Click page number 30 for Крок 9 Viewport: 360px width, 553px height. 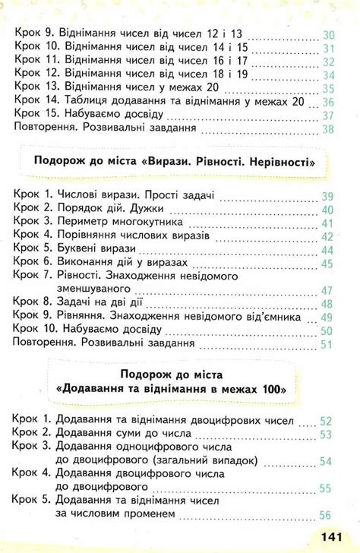coord(329,35)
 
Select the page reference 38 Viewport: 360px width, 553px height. coord(328,129)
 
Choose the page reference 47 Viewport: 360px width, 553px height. coord(328,290)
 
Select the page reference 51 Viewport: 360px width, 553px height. coord(328,345)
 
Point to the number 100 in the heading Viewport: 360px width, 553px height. coord(268,388)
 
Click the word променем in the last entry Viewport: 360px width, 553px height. coord(147,514)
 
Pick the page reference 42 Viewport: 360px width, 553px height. coord(328,236)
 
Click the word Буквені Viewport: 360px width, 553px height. coord(89,249)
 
